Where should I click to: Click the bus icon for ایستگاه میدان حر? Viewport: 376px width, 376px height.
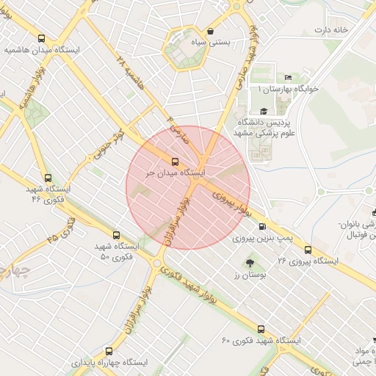175,161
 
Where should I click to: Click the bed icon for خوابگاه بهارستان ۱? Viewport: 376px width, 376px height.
289,77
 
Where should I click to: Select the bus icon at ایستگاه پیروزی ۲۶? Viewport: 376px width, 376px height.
308,249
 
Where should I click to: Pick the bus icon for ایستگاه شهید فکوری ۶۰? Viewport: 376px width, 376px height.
261,329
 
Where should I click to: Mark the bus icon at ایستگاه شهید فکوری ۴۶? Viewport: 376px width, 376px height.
48,177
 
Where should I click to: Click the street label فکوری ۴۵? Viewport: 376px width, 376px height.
61,229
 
